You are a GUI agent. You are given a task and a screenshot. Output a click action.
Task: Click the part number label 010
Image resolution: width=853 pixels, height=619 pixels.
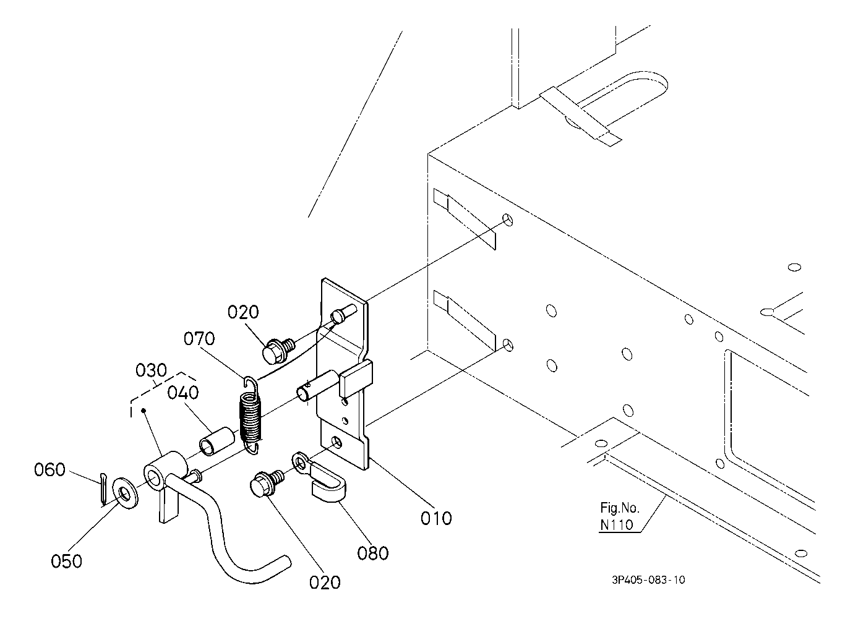click(436, 518)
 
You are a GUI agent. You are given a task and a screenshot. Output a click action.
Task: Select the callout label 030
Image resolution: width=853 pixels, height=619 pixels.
click(151, 370)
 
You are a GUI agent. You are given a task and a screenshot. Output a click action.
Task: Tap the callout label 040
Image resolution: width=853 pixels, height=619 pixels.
click(183, 393)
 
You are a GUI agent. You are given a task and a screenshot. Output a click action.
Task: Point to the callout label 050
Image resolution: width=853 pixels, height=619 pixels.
click(67, 561)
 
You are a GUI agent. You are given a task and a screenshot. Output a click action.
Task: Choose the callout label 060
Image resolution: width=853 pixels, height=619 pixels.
click(50, 469)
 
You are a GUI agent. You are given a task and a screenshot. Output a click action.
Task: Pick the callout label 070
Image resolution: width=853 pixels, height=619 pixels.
click(199, 338)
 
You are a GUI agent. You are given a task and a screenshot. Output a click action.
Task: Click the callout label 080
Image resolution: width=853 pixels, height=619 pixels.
click(373, 553)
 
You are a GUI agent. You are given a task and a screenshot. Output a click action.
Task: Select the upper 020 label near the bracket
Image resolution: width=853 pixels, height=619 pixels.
click(243, 312)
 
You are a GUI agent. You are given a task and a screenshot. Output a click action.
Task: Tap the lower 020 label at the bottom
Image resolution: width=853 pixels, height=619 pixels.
click(325, 583)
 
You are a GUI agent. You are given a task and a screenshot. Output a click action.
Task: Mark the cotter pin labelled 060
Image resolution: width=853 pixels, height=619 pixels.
click(103, 489)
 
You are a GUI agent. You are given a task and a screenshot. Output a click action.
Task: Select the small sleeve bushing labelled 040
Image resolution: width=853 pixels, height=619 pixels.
click(216, 442)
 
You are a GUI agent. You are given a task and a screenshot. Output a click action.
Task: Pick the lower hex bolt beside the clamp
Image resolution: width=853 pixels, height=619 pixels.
click(267, 484)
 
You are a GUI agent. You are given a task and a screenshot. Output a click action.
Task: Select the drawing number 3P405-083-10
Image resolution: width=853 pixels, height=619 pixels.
click(648, 580)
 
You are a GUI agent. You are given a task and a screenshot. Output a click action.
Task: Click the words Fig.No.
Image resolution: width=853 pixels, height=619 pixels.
click(620, 508)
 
